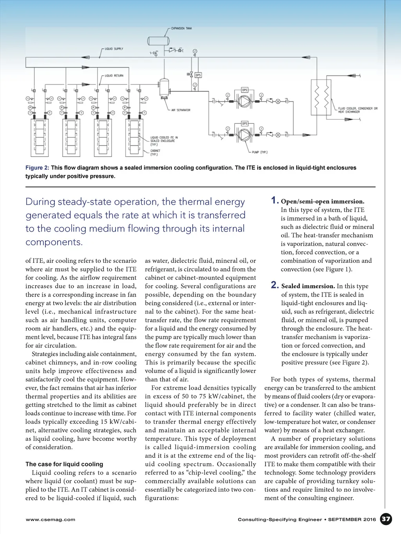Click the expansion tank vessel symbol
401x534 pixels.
click(158, 41)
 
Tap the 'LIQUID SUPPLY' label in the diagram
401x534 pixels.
click(114, 49)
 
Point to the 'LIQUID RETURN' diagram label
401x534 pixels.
click(114, 76)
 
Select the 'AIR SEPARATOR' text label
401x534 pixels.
click(181, 110)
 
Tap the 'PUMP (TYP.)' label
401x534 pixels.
click(260, 152)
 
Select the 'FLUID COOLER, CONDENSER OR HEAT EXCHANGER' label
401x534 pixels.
click(358, 110)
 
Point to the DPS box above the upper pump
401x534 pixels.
click(245, 90)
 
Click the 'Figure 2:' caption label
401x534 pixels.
click(37, 168)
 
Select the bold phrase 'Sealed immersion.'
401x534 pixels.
click(308, 286)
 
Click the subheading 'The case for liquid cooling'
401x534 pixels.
click(64, 464)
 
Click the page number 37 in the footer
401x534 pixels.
click(386, 519)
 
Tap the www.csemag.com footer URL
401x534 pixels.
click(50, 520)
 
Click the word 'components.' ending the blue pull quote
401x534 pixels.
click(54, 242)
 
